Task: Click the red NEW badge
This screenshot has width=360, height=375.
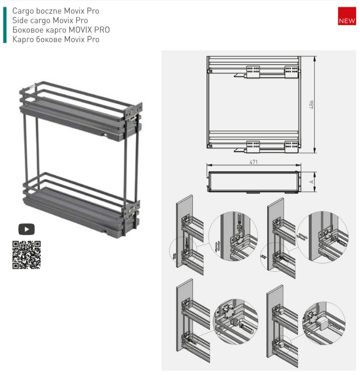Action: (x=347, y=16)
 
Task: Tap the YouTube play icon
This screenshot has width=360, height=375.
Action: (x=26, y=229)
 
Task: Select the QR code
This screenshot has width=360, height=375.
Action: (x=26, y=255)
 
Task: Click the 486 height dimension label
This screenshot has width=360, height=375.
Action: (x=311, y=104)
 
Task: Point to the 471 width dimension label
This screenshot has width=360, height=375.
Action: (x=253, y=162)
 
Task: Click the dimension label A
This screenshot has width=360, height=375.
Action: (x=311, y=182)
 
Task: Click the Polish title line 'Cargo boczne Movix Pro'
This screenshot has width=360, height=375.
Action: (x=56, y=11)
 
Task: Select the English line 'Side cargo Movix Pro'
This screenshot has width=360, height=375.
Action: (x=50, y=21)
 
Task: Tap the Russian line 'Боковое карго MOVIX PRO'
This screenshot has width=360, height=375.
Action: (x=61, y=30)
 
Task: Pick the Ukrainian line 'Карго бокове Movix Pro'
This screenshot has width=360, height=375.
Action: (x=56, y=39)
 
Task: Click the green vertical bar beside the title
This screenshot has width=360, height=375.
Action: (x=5, y=25)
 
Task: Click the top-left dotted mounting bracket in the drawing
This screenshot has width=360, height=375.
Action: (x=253, y=72)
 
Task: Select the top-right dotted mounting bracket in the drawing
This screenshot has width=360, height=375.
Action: (x=291, y=72)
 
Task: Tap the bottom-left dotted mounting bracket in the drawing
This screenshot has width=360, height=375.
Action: (x=253, y=147)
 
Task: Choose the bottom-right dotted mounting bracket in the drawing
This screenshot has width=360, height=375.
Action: (x=291, y=147)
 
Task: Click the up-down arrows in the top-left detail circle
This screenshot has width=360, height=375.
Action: (x=218, y=246)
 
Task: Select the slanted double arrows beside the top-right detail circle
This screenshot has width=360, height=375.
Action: (x=302, y=236)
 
